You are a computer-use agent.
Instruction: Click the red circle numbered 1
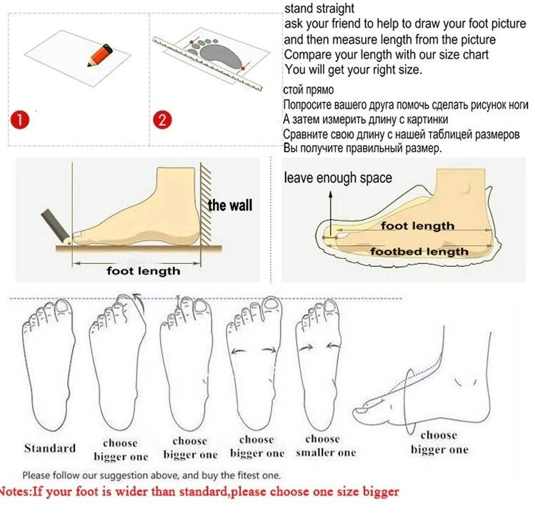[x=20, y=119]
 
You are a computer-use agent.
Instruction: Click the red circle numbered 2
[x=162, y=119]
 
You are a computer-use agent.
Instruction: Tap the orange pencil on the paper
[x=100, y=55]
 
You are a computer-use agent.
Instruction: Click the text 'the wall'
[x=230, y=205]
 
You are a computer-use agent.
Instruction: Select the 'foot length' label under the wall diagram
[x=143, y=271]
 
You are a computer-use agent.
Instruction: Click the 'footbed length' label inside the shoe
[x=419, y=252]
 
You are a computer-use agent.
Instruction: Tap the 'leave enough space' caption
[x=338, y=178]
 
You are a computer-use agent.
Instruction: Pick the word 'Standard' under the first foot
[x=50, y=448]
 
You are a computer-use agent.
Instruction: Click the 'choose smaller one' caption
[x=325, y=446]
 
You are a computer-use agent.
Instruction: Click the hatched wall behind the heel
[x=206, y=204]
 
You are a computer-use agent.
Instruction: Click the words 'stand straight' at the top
[x=319, y=8]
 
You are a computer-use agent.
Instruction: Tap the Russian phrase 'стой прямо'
[x=309, y=90]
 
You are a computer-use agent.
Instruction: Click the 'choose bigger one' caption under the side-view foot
[x=439, y=442]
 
